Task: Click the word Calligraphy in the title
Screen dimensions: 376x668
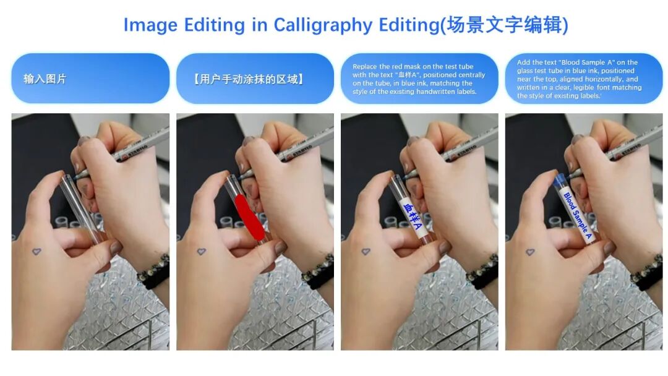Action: point(322,25)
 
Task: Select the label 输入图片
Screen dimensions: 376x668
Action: point(45,79)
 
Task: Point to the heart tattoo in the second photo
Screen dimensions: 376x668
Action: point(201,252)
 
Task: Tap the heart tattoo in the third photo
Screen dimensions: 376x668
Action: point(366,252)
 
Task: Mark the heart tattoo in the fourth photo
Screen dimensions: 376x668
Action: point(530,252)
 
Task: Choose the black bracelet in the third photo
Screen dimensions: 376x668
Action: point(482,269)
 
